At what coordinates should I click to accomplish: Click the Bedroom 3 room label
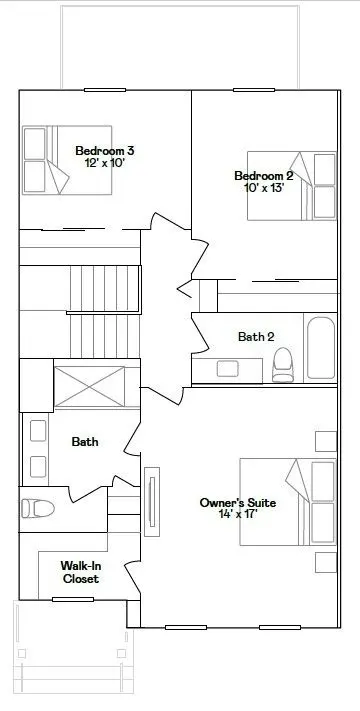point(105,151)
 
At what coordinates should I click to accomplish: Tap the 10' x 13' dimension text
point(264,188)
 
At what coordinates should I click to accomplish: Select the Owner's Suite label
point(238,503)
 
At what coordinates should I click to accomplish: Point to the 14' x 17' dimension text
point(238,514)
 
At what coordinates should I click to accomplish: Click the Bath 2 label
point(256,337)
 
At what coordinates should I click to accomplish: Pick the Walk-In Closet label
point(81,572)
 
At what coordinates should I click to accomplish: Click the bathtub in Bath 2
point(321,348)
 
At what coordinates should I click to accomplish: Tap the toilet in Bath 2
point(283,365)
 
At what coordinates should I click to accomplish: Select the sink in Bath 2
point(228,369)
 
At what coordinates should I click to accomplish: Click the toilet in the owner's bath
point(38,508)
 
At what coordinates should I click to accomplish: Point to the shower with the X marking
point(89,387)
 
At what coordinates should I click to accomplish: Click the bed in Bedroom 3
point(67,160)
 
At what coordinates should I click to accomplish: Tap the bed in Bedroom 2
point(292,186)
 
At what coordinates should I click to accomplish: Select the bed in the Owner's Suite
point(288,502)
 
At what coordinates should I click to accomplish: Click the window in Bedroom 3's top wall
point(105,90)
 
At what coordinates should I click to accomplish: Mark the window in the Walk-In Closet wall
point(73,599)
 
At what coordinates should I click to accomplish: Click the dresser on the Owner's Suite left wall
point(152,502)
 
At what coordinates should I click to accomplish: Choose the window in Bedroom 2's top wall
point(254,90)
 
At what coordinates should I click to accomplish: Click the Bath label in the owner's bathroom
point(85,442)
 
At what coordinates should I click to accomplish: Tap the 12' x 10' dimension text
point(105,163)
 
